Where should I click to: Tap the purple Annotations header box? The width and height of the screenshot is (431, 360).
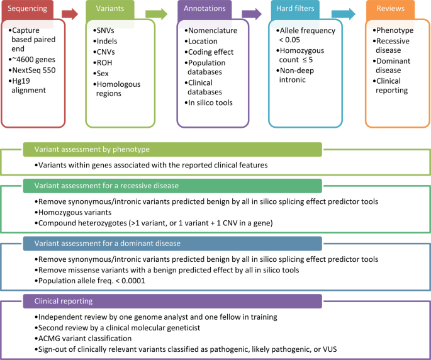coord(205,9)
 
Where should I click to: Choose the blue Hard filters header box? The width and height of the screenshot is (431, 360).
coord(296,9)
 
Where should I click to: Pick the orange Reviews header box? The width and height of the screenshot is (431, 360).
coord(390,9)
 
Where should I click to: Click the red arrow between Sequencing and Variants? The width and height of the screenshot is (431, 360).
coord(70,14)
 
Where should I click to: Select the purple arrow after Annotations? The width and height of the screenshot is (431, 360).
coord(251,14)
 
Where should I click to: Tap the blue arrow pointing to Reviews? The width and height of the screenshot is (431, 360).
coord(343,14)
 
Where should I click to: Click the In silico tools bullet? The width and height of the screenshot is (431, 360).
coord(212,102)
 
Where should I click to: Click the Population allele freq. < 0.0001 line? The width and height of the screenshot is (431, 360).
coord(92,281)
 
